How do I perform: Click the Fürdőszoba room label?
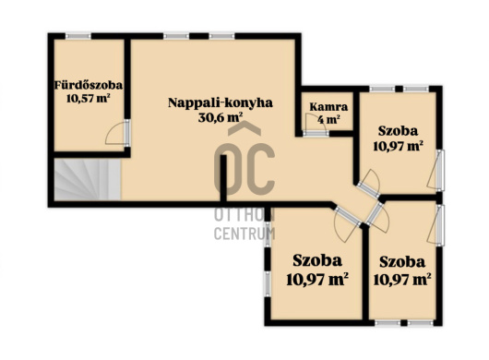click(89, 85)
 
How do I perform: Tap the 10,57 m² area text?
click(89, 98)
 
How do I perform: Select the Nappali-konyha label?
click(221, 103)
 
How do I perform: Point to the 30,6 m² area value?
click(221, 117)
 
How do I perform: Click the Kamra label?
click(328, 107)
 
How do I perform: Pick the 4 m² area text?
click(328, 119)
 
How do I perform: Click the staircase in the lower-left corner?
click(88, 179)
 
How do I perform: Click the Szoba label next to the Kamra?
click(398, 131)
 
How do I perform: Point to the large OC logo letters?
click(244, 169)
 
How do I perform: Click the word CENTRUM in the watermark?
click(244, 234)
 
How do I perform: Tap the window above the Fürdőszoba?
click(78, 36)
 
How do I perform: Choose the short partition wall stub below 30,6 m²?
click(223, 179)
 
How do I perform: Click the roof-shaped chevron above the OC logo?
click(244, 129)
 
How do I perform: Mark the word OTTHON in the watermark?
click(244, 214)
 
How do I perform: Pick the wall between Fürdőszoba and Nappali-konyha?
click(127, 78)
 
